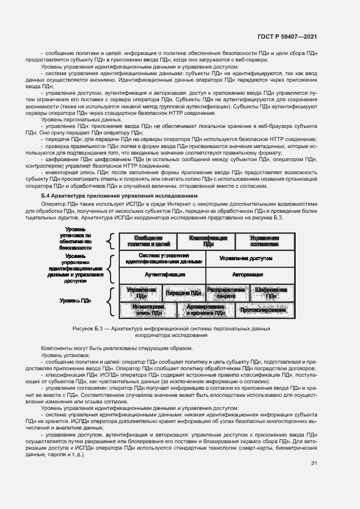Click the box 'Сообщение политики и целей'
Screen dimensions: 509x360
tap(148, 241)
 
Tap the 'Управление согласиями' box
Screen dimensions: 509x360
tap(264, 241)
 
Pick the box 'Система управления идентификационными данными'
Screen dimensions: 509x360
tap(163, 259)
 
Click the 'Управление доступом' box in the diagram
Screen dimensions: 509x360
tap(250, 259)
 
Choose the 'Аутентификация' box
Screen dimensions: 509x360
tap(163, 274)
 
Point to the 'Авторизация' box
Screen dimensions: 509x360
tap(250, 274)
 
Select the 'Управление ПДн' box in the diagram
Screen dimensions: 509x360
tap(141, 293)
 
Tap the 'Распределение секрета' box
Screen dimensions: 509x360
tap(227, 293)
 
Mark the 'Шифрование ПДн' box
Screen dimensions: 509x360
tap(271, 293)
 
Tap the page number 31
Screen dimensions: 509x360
tap(314, 463)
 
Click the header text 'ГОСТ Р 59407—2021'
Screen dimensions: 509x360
tap(288, 37)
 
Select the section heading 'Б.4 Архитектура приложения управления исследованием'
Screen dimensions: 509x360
tap(119, 195)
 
